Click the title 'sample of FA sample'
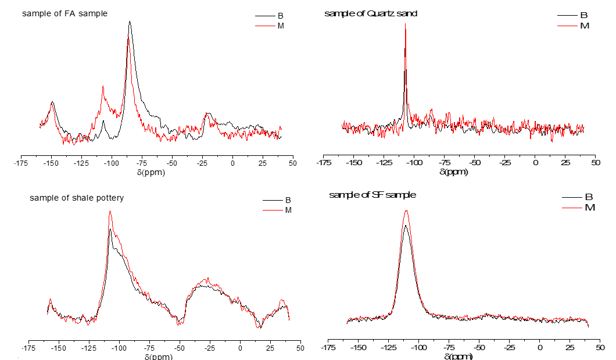65,13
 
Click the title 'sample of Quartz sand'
371,13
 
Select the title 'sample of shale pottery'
77,198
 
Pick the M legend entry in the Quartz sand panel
585,26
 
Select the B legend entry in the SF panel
588,197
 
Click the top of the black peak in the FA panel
130,22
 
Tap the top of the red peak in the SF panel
407,211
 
